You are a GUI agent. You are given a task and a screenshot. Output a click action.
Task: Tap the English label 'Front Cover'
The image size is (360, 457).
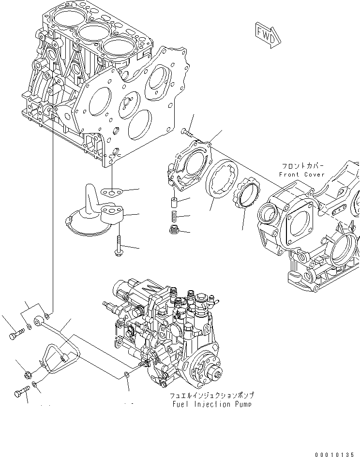[x=302, y=174]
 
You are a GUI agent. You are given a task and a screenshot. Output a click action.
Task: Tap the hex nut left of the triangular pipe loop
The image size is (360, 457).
[x=28, y=374]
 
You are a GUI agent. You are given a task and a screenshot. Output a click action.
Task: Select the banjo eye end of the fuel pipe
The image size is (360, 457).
[x=38, y=321]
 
